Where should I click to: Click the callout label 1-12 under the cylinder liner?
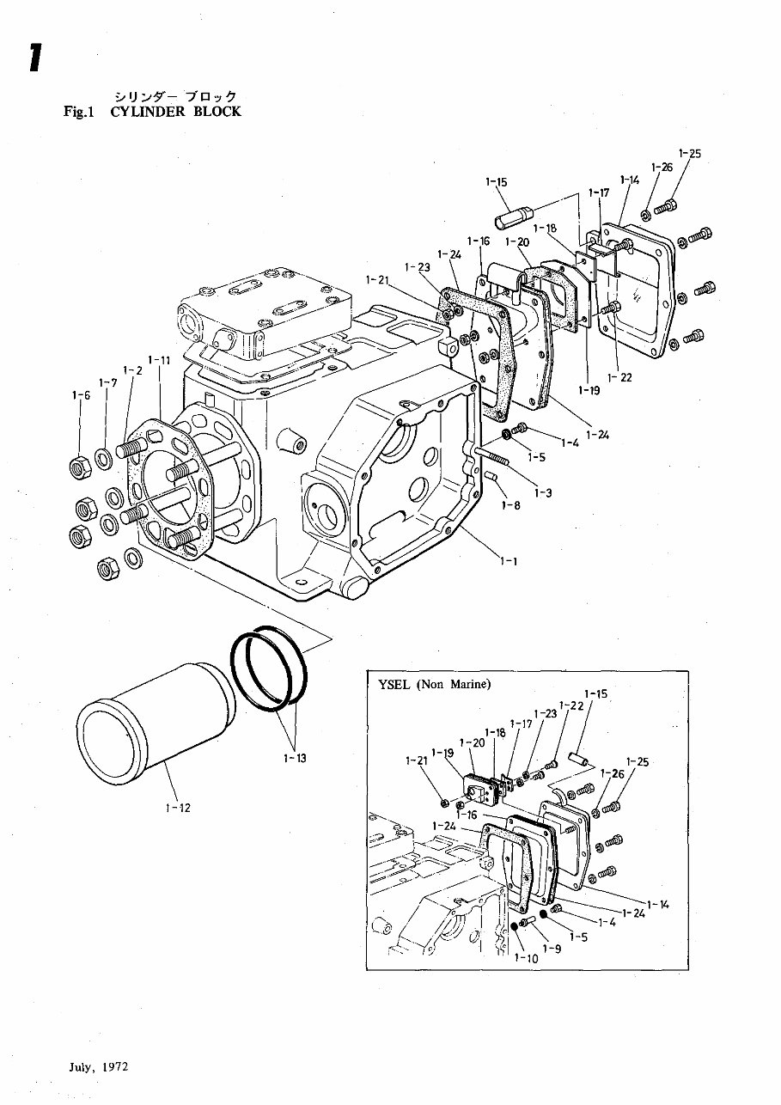click(x=179, y=808)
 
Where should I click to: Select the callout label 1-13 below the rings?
click(x=295, y=758)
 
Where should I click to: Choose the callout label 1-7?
click(x=107, y=382)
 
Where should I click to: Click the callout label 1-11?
click(x=159, y=359)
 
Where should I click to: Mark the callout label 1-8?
click(x=511, y=506)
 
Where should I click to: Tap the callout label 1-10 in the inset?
click(x=522, y=958)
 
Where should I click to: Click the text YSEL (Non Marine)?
click(x=434, y=685)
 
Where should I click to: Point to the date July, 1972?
click(x=99, y=1067)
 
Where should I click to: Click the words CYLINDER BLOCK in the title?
click(x=176, y=112)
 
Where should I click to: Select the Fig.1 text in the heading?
click(x=82, y=112)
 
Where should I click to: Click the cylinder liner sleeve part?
click(x=155, y=726)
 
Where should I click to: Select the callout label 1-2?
click(x=132, y=370)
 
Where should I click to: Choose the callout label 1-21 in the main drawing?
click(x=377, y=279)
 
